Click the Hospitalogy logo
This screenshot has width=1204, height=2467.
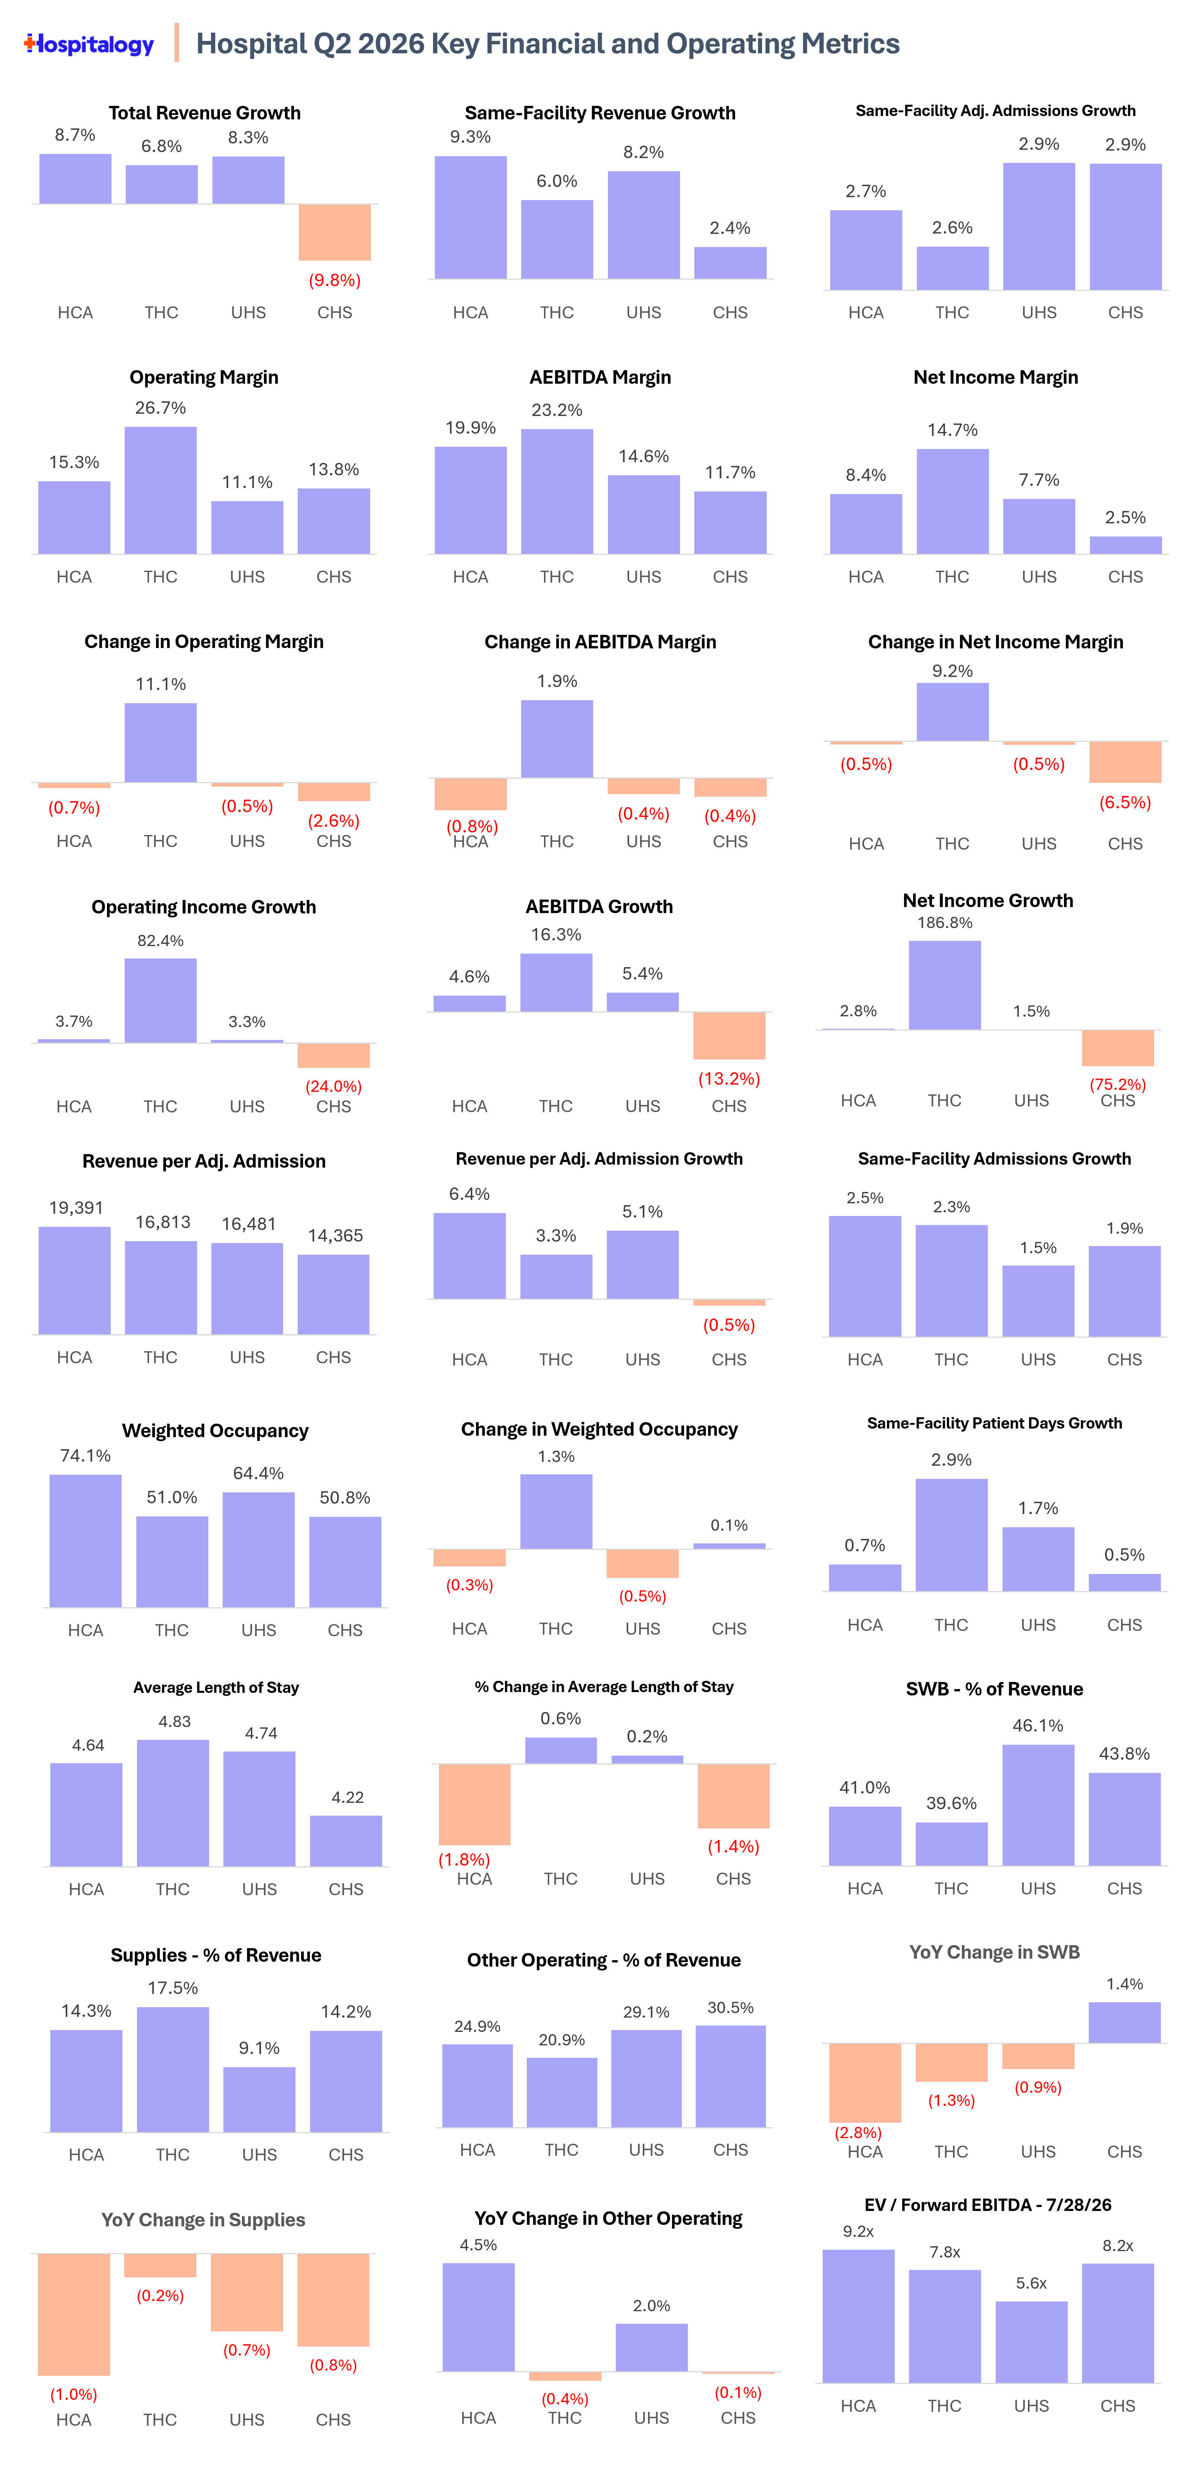[89, 44]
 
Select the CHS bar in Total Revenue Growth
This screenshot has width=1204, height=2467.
[334, 232]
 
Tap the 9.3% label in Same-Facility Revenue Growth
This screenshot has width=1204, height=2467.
[470, 137]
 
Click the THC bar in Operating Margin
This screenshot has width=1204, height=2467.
[161, 490]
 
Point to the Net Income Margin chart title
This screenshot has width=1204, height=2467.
[995, 377]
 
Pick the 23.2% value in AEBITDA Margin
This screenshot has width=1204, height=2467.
[556, 410]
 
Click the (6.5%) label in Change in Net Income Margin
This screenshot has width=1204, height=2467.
[1124, 803]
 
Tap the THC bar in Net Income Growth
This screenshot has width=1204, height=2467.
[945, 986]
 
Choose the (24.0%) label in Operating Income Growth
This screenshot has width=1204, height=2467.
[333, 1086]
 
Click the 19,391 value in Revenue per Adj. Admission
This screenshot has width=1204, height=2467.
[76, 1208]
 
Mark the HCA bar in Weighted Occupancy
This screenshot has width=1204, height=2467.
[85, 1541]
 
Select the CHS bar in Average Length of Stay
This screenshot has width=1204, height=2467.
[346, 1841]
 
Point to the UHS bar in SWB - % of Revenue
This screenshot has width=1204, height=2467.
[1038, 1805]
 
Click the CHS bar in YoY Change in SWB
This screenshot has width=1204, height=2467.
[1124, 2022]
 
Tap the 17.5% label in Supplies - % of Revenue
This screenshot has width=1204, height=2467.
[172, 1988]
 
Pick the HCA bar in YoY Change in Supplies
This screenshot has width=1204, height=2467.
[74, 2314]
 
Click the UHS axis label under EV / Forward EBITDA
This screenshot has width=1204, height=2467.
[1032, 2406]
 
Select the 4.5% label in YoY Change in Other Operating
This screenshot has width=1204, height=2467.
[478, 2245]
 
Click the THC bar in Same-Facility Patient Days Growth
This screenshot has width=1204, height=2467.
[951, 1535]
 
